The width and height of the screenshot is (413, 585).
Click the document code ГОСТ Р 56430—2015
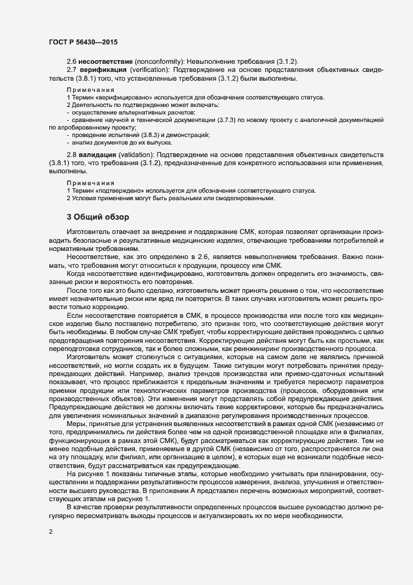[x=82, y=42]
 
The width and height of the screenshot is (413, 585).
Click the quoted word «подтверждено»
[x=117, y=190]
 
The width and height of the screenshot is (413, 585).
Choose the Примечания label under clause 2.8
[x=86, y=183]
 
